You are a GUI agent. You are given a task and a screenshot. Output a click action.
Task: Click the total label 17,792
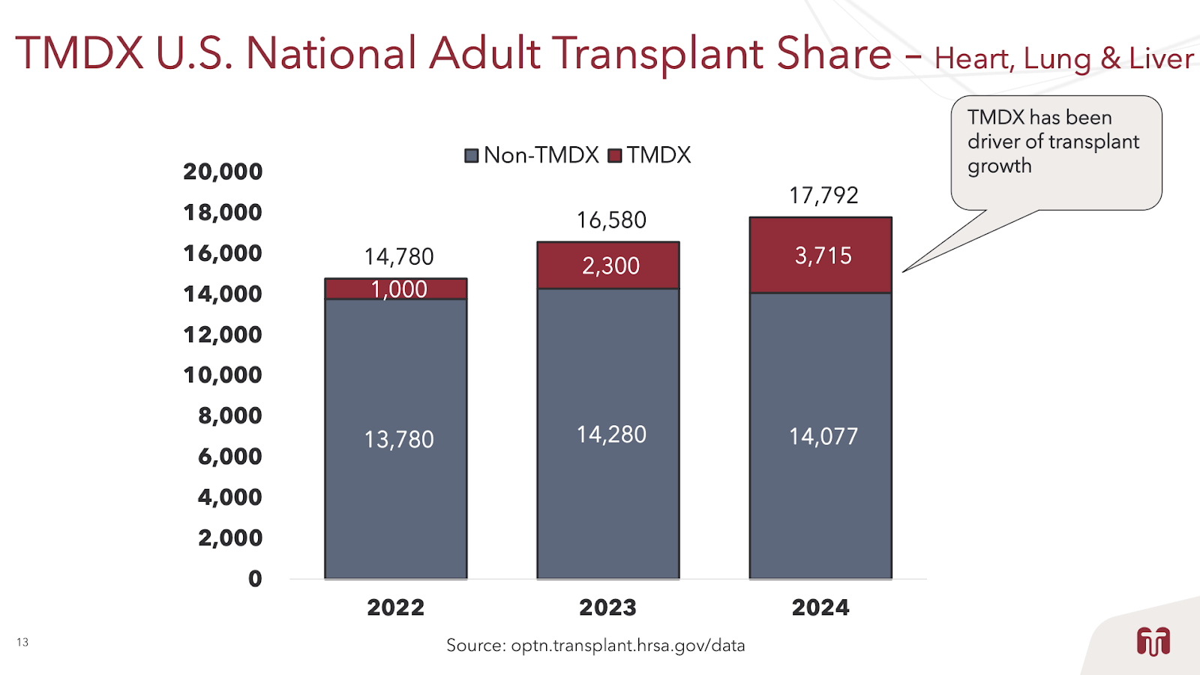tap(823, 196)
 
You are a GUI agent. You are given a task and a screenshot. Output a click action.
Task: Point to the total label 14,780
tap(399, 257)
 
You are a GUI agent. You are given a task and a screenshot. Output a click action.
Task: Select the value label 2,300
tap(610, 265)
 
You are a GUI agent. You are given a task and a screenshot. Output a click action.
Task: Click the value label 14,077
tap(823, 436)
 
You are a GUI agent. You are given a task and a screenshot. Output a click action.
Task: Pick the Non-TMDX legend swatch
tap(472, 156)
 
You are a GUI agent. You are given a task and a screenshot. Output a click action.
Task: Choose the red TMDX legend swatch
tap(615, 156)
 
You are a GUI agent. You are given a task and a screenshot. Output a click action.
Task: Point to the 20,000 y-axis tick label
tap(223, 172)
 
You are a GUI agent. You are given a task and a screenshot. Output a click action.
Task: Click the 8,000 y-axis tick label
tap(229, 415)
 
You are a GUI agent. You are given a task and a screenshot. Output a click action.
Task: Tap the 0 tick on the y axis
tap(255, 578)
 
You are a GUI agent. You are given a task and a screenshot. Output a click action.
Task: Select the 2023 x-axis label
tap(607, 607)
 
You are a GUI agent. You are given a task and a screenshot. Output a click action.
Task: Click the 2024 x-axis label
tap(820, 607)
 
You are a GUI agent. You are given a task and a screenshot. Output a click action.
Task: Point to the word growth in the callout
tap(999, 166)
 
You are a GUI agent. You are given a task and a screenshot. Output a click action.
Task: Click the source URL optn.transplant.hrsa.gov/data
tap(628, 645)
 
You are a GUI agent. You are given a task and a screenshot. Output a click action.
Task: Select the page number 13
tap(22, 642)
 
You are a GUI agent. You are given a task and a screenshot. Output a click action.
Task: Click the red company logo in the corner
tap(1153, 642)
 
